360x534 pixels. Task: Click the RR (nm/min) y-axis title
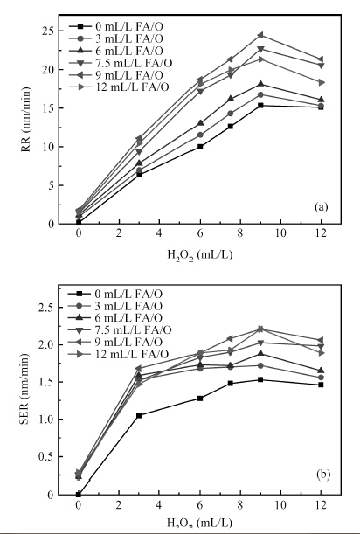point(26,119)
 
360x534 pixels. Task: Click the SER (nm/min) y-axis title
point(24,389)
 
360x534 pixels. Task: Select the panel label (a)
point(322,207)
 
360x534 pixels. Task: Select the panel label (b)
point(323,475)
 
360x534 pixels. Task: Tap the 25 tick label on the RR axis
point(46,31)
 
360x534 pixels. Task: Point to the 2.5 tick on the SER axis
point(45,308)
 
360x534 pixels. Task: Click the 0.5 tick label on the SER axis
point(45,457)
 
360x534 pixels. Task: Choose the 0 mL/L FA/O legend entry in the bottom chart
point(115,294)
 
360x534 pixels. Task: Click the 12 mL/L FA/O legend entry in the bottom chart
point(118,354)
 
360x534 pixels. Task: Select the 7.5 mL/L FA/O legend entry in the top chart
point(121,63)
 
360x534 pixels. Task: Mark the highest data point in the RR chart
point(260,35)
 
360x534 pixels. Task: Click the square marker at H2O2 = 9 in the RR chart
point(260,105)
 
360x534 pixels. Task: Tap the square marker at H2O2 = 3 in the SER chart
point(139,415)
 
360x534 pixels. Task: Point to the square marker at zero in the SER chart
point(79,494)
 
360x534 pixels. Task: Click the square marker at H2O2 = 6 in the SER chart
point(200,399)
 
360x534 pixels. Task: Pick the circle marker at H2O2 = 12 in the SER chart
point(321,378)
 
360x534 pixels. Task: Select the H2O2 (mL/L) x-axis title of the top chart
point(199,254)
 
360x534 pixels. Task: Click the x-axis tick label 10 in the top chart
point(280,233)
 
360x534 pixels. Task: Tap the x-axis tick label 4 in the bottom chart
point(159,504)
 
